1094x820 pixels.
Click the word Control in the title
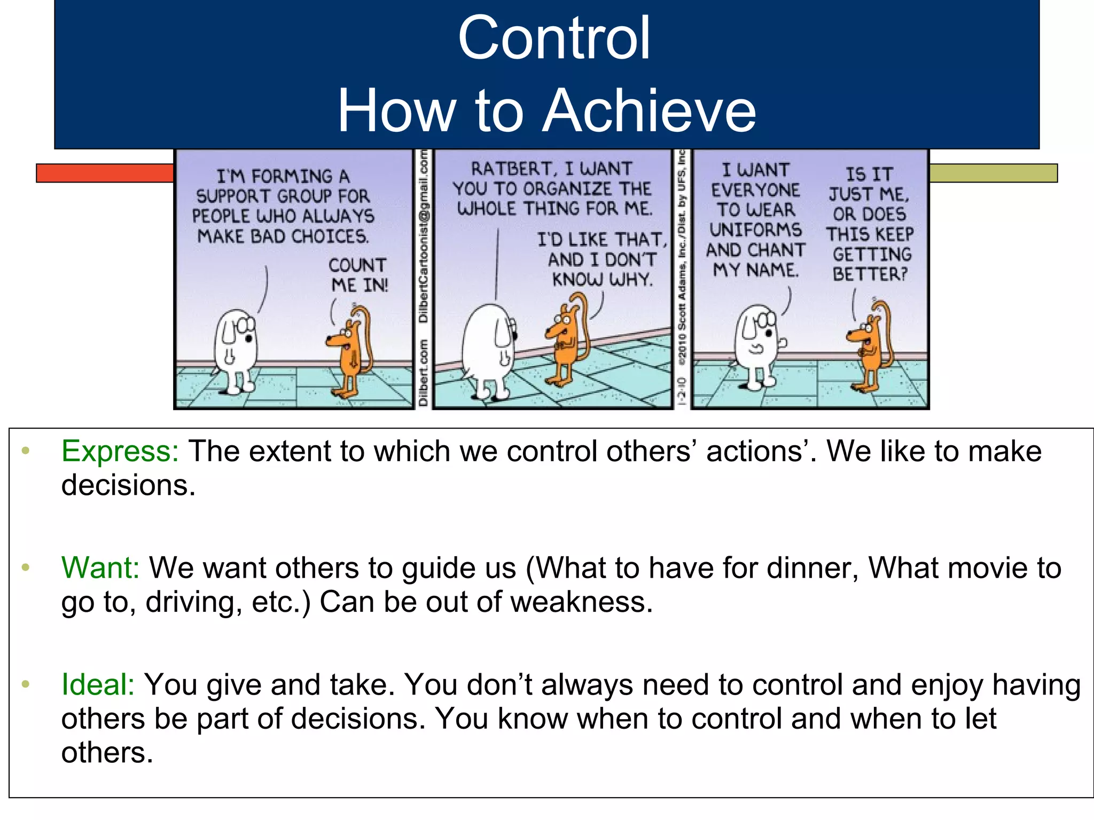click(x=554, y=38)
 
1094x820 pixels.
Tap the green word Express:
click(x=120, y=451)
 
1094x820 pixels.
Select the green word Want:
click(x=100, y=567)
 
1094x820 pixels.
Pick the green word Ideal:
click(x=98, y=684)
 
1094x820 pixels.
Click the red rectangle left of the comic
click(x=105, y=173)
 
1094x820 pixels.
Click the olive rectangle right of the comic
click(x=993, y=173)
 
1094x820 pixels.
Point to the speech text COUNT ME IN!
click(x=358, y=275)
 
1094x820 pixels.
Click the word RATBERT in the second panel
click(x=513, y=169)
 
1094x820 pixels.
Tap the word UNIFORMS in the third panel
click(x=755, y=230)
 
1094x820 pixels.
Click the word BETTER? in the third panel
click(x=870, y=274)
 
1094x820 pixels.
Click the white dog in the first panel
click(x=236, y=350)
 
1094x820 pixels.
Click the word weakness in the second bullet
click(x=581, y=602)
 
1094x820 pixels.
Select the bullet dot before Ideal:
click(x=25, y=684)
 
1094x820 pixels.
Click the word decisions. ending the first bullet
click(x=128, y=485)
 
